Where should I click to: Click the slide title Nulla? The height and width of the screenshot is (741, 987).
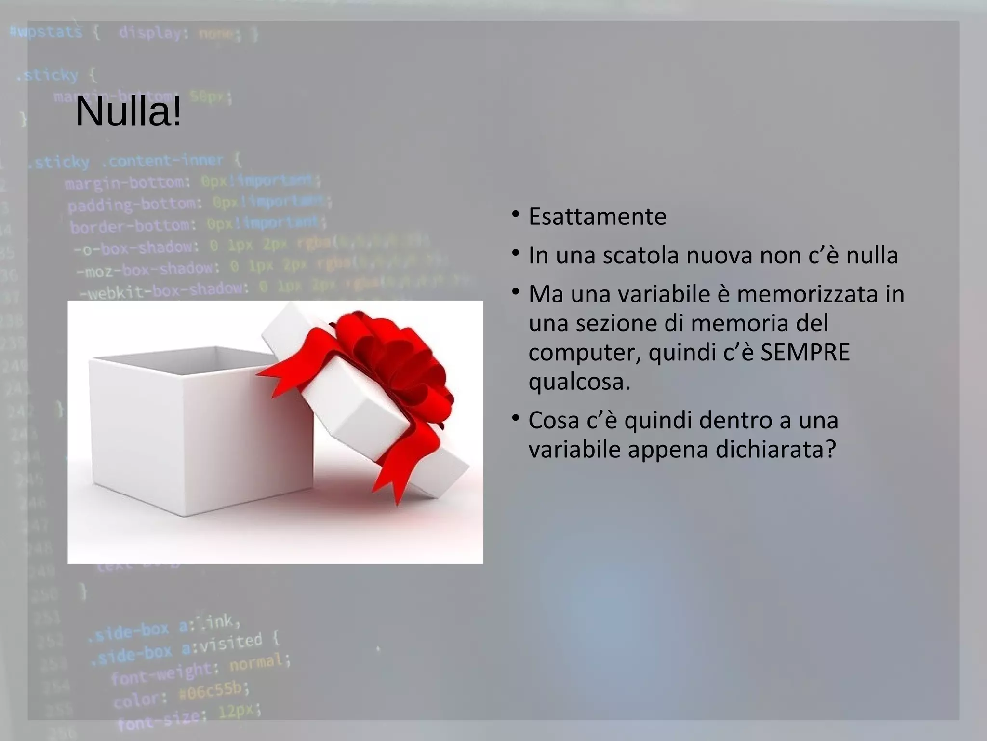[129, 112]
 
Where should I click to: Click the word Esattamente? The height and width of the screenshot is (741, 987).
[597, 217]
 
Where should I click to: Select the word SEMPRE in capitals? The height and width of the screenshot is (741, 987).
[805, 353]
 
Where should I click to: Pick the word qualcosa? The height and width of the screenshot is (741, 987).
[579, 382]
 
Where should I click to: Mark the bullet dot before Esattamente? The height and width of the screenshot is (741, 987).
[516, 214]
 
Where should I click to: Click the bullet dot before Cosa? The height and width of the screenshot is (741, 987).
[516, 418]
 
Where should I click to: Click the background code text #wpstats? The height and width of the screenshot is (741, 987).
[46, 32]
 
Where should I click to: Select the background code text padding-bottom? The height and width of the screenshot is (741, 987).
[132, 205]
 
